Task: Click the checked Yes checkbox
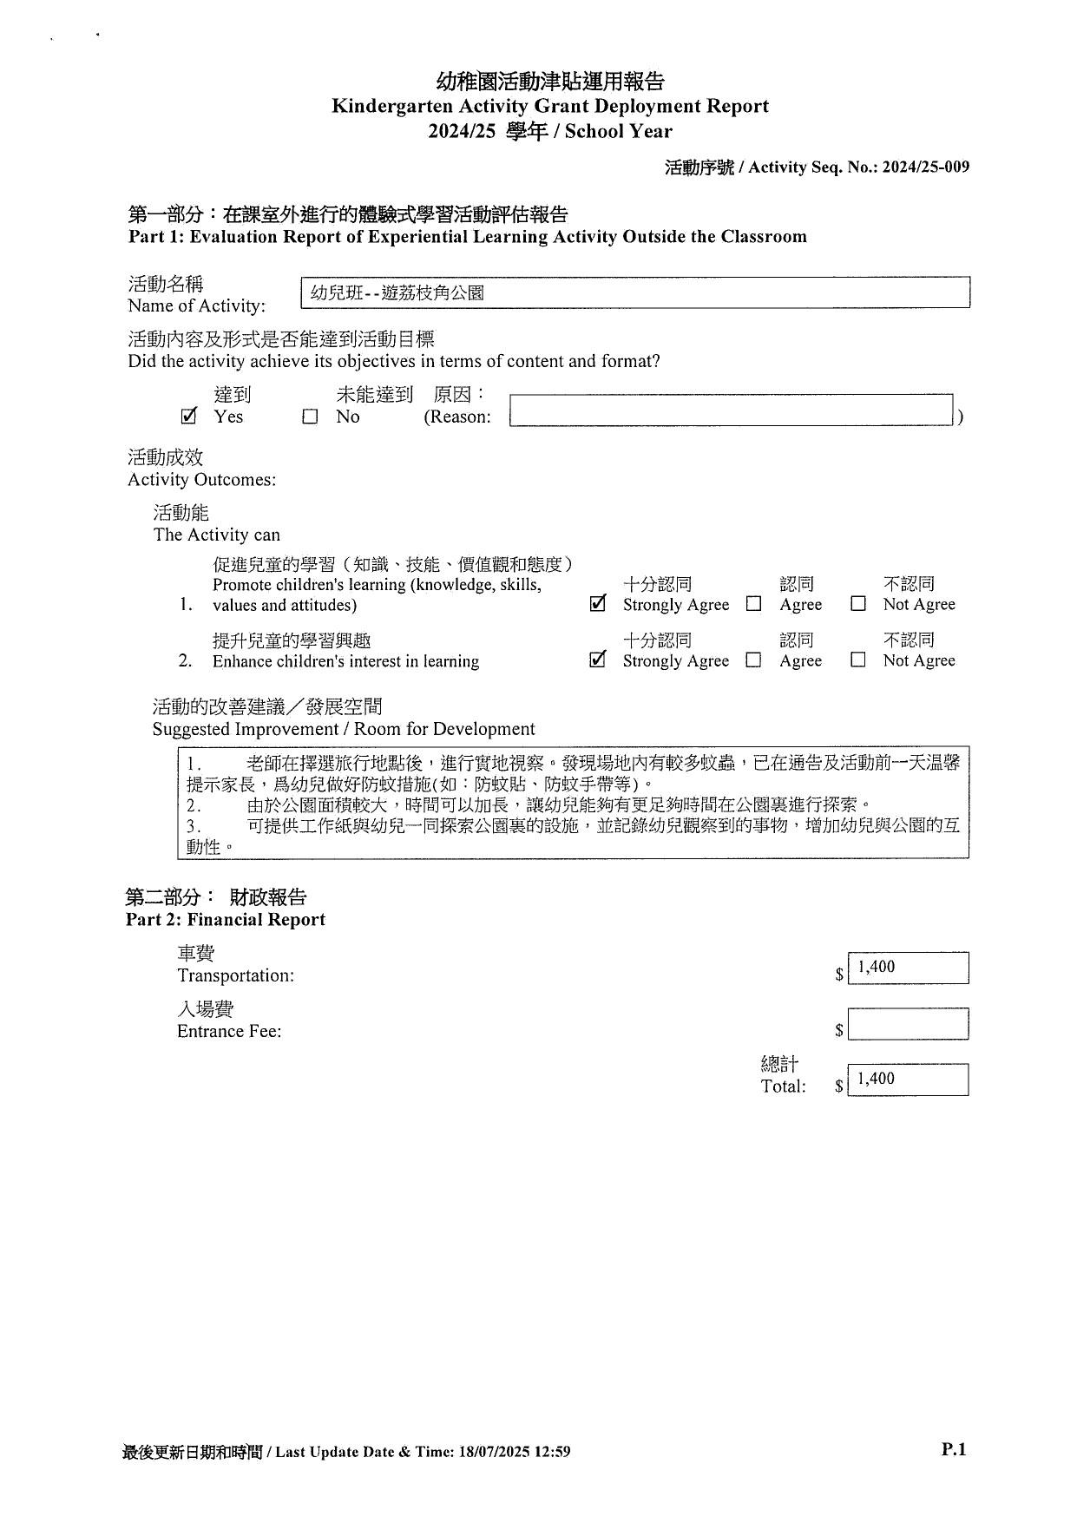[x=188, y=417]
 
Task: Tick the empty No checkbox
[x=310, y=417]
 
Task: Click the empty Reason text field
[x=731, y=410]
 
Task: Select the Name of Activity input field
[x=634, y=292]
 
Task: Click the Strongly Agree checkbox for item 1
[x=597, y=604]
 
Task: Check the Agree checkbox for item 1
[x=753, y=604]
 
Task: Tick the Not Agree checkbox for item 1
[x=857, y=604]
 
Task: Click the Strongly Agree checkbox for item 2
[x=597, y=660]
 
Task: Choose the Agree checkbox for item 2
[x=753, y=660]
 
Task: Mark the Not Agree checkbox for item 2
[x=857, y=660]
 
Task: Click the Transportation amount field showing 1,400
[x=908, y=968]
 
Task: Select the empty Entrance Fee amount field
[x=908, y=1024]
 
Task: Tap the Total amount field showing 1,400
[x=908, y=1080]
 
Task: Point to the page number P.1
[x=953, y=1448]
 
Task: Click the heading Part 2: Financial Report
[x=226, y=920]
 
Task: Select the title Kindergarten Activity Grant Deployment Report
[x=550, y=107]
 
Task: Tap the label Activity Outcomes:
[x=201, y=480]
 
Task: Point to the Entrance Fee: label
[x=229, y=1031]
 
